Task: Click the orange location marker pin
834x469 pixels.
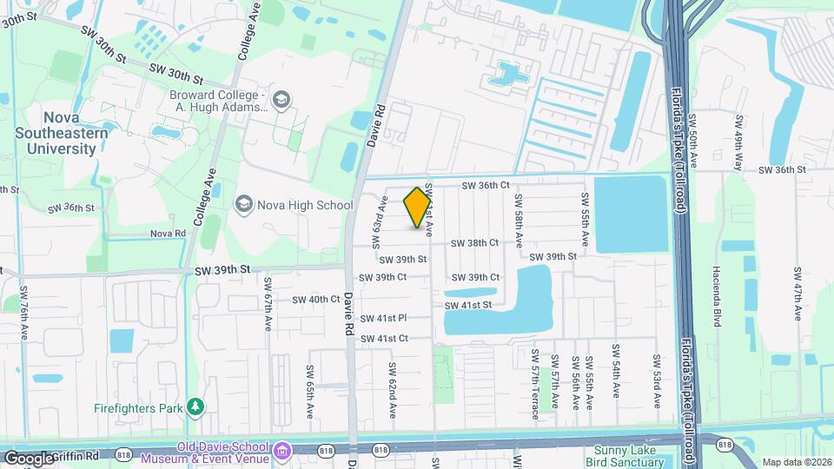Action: pyautogui.click(x=418, y=208)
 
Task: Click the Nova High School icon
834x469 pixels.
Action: pyautogui.click(x=243, y=205)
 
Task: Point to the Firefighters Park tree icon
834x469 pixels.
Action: pyautogui.click(x=197, y=406)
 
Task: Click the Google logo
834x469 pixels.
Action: pyautogui.click(x=29, y=458)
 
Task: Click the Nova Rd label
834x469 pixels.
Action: pyautogui.click(x=168, y=234)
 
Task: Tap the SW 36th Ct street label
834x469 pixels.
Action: pyautogui.click(x=485, y=185)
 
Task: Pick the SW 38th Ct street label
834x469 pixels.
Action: pyautogui.click(x=475, y=243)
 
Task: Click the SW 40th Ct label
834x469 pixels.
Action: pyautogui.click(x=315, y=299)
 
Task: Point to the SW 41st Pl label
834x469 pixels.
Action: pyautogui.click(x=384, y=319)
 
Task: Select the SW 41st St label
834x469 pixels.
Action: pyautogui.click(x=468, y=305)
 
